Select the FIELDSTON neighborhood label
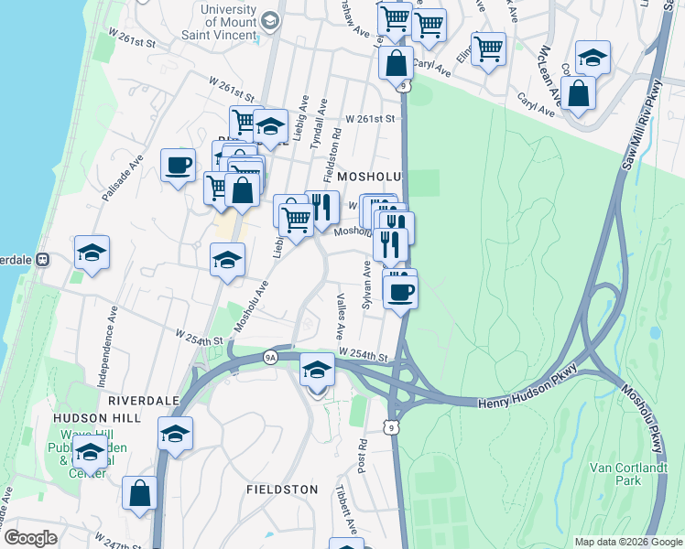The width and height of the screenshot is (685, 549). (x=282, y=490)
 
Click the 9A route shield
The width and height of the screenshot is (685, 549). (x=270, y=357)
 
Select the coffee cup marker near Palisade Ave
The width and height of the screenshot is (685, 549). (x=178, y=166)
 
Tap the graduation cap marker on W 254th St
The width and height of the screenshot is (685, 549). (x=317, y=371)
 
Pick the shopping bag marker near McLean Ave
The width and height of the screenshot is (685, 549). (x=579, y=93)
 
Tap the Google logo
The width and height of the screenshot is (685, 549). (x=30, y=538)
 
